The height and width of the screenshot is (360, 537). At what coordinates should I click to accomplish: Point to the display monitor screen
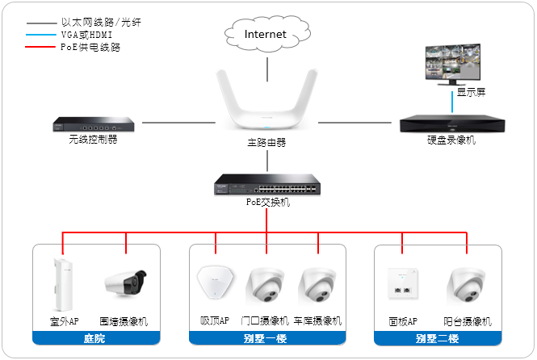click(x=452, y=64)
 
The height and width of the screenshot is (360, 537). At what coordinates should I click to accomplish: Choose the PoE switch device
click(x=266, y=185)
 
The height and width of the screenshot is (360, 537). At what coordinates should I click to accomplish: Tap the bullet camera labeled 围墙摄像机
click(x=126, y=283)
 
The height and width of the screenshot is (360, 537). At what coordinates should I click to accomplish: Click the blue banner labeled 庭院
click(x=94, y=338)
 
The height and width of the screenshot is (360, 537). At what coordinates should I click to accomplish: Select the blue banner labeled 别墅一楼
click(x=266, y=338)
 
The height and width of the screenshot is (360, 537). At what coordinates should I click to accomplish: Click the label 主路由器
click(x=266, y=143)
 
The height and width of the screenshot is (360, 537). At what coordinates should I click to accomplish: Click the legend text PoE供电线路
click(x=91, y=48)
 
